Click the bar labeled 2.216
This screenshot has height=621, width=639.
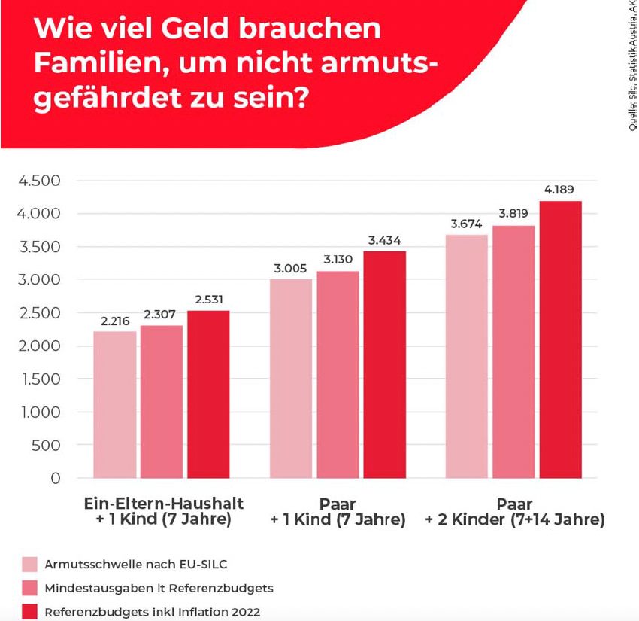coord(115,404)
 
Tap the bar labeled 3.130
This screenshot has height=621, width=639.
coord(338,374)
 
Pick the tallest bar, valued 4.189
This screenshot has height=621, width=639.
coord(560,339)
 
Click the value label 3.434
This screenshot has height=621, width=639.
coord(384,240)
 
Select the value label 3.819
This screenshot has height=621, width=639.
coord(513,215)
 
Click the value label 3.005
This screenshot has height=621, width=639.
coord(291,269)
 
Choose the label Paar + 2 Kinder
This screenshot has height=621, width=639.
coord(514,511)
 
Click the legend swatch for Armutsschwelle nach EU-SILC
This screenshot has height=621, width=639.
coord(29,564)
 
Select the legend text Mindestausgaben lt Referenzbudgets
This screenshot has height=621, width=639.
coord(157,588)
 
